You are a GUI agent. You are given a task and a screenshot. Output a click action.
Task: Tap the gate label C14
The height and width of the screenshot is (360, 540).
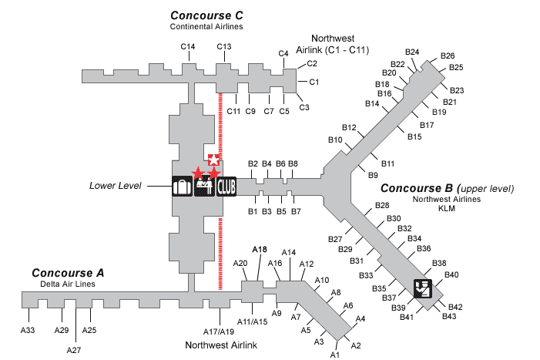[188, 47]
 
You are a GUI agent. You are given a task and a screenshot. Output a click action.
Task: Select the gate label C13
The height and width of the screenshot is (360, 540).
[224, 47]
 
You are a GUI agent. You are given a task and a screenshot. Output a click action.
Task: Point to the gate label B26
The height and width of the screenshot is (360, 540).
[448, 56]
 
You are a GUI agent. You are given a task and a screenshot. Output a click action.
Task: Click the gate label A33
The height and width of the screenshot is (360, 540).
[28, 330]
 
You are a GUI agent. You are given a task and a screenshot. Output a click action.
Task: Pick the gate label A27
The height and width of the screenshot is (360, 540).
[74, 349]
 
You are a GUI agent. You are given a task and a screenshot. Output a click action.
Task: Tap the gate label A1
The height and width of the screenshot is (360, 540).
[335, 355]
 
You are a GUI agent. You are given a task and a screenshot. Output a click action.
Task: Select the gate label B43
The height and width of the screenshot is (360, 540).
[450, 316]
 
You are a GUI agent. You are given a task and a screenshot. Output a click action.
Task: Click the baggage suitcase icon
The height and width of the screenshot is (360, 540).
[182, 186]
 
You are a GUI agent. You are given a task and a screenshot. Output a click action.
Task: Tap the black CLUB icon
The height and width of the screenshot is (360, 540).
[226, 186]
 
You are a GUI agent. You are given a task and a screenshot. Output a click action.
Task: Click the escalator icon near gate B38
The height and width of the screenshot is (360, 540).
[423, 288]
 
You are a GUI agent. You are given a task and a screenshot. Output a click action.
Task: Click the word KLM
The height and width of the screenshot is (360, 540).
[447, 208]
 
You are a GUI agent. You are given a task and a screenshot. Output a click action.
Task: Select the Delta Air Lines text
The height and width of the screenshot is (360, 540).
[68, 283]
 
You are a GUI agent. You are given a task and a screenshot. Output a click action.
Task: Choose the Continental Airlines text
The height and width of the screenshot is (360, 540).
[206, 26]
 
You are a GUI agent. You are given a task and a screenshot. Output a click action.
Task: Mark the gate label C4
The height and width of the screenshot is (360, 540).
[283, 53]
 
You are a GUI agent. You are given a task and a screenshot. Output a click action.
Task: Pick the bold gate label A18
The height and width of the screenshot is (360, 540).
[260, 250]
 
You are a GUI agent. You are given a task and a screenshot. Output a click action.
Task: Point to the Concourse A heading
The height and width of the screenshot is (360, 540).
[68, 273]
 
